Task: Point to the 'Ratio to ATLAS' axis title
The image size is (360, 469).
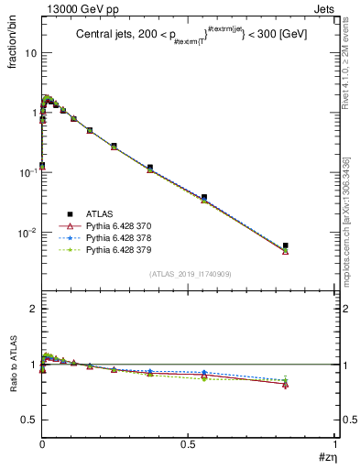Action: (x=12, y=366)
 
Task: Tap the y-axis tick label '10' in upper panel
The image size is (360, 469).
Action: (x=31, y=53)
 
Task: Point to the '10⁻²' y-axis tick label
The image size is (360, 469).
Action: (x=27, y=232)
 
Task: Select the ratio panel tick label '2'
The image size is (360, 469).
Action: (x=34, y=310)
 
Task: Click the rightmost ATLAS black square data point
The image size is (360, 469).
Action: (x=286, y=245)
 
